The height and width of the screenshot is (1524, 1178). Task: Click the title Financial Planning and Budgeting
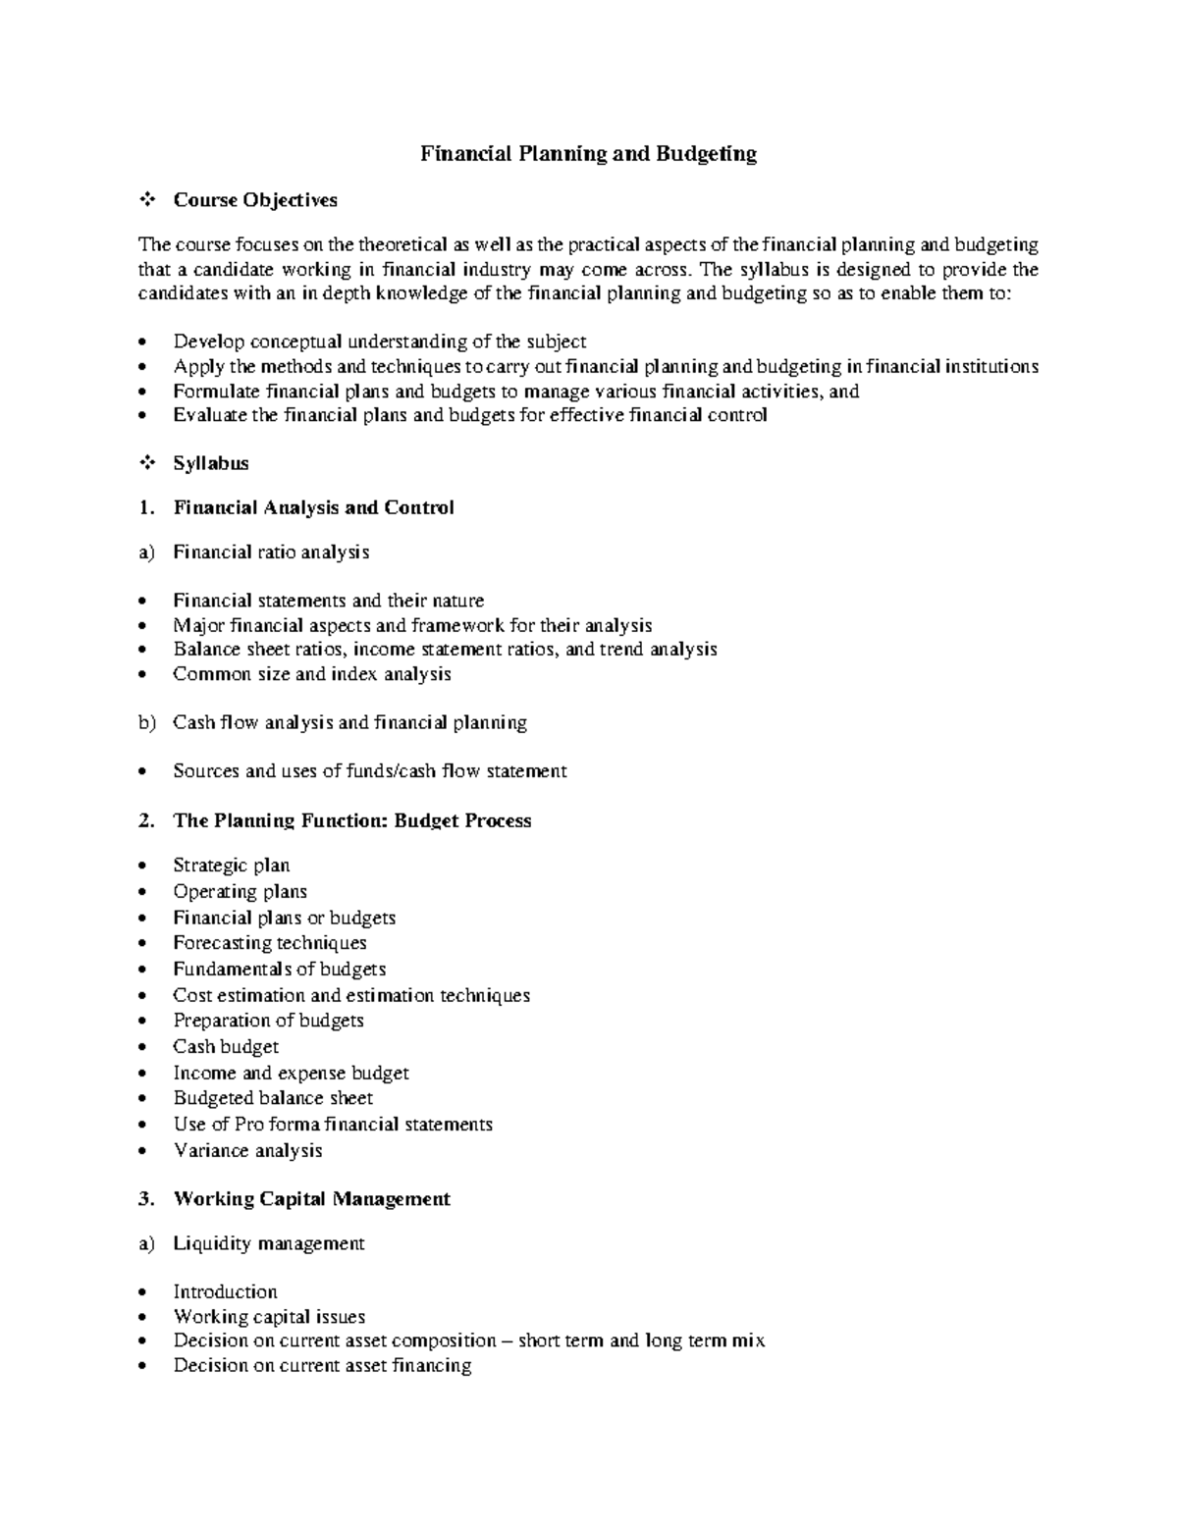coord(588,154)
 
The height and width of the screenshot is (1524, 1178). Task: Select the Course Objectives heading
coord(254,200)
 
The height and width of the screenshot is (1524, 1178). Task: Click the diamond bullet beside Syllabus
coord(146,463)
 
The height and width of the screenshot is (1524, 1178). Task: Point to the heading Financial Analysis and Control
coord(313,508)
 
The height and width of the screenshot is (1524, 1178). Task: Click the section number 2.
coord(146,821)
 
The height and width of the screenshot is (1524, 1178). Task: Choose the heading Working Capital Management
coord(311,1199)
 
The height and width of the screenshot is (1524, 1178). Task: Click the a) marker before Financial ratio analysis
coord(146,552)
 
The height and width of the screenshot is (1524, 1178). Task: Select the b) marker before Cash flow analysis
coord(146,723)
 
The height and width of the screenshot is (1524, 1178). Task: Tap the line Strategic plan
coord(231,866)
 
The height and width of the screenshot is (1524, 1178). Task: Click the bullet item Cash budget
coord(226,1047)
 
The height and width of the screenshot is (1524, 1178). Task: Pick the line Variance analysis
coord(247,1151)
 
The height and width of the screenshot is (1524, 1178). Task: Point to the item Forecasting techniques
coord(270,943)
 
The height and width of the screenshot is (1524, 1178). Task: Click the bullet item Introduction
coord(225,1292)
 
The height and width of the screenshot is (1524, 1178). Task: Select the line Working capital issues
coord(269,1317)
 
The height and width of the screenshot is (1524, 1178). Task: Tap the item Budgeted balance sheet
coord(273,1099)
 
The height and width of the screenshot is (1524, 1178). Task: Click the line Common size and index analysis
coord(312,674)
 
